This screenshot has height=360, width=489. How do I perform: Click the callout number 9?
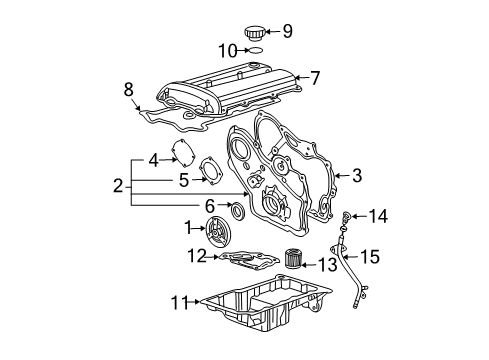[x=288, y=31]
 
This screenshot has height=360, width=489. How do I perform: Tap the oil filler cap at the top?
[x=255, y=34]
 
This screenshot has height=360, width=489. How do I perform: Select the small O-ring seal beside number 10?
[x=256, y=50]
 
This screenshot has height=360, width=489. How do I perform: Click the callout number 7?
[x=315, y=78]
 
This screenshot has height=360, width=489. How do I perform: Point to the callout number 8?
[x=129, y=90]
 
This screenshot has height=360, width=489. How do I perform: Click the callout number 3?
[x=357, y=175]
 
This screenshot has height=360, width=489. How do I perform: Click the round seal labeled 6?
[x=238, y=210]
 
